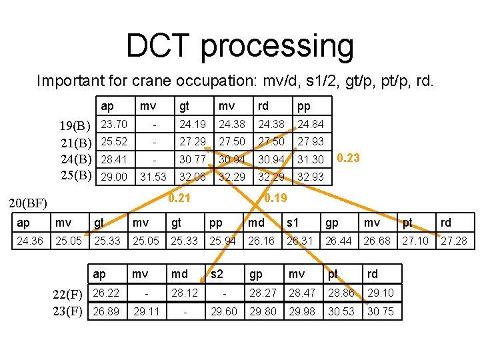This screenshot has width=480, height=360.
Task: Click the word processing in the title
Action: [277, 47]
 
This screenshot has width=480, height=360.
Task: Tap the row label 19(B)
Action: [75, 125]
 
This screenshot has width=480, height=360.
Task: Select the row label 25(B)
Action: [75, 177]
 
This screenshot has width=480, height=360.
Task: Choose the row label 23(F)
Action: [68, 311]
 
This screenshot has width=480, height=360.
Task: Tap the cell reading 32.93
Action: [311, 177]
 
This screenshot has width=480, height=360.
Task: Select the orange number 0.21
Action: [179, 197]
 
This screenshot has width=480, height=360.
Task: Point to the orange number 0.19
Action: [275, 197]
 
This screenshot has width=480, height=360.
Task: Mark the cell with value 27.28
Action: [454, 240]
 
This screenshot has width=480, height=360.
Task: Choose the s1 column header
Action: [292, 223]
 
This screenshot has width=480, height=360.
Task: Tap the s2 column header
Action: [217, 274]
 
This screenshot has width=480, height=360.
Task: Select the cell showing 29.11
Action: [147, 311]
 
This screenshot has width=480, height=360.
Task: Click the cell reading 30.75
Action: [380, 311]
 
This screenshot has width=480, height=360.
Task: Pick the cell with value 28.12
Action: [185, 293]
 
